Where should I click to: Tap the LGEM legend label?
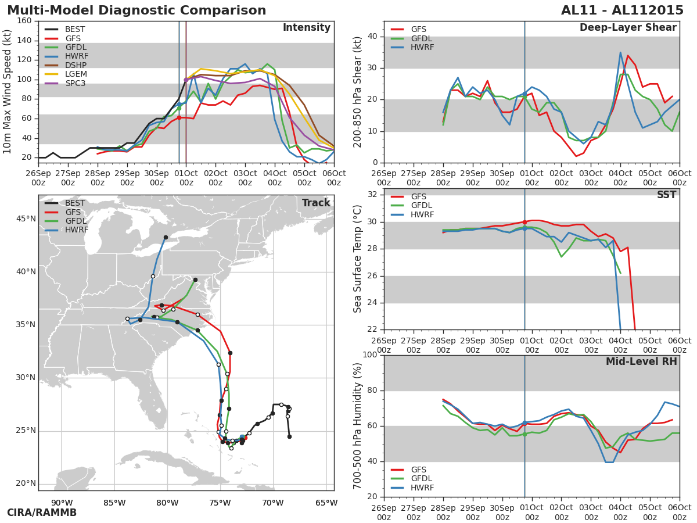(x=76, y=74)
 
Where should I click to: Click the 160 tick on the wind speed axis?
(x=24, y=21)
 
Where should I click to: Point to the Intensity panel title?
(x=307, y=28)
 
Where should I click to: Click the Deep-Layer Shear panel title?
(x=628, y=28)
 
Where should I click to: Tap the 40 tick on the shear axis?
(x=372, y=36)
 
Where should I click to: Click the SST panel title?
(x=666, y=194)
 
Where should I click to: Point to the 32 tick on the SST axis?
(x=372, y=194)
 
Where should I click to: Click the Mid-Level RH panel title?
(x=641, y=361)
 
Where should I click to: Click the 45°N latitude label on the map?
(x=26, y=219)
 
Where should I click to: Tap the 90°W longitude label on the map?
(x=62, y=503)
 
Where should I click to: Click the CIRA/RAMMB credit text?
(x=42, y=513)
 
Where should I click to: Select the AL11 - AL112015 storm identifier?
(x=622, y=10)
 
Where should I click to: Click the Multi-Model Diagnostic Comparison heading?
(x=136, y=10)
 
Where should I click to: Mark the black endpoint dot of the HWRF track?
(x=166, y=237)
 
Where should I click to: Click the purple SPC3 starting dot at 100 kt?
(x=186, y=80)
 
